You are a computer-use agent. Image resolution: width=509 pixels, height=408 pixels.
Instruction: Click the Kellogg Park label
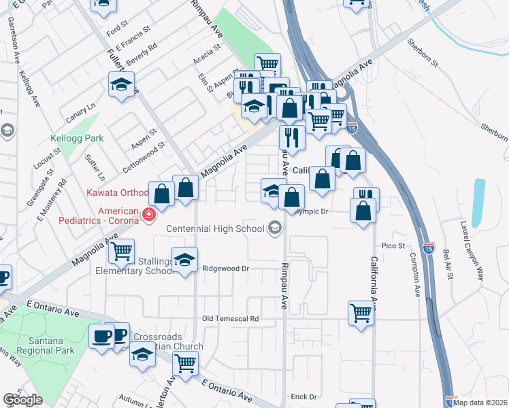click(x=78, y=138)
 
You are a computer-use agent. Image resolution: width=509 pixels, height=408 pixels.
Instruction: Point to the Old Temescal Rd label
click(x=231, y=318)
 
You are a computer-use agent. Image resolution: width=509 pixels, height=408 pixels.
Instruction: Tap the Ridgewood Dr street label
click(x=227, y=269)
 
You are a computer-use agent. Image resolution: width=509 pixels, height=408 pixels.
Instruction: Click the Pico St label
click(x=393, y=245)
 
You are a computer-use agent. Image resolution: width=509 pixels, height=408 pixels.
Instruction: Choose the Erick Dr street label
click(x=304, y=396)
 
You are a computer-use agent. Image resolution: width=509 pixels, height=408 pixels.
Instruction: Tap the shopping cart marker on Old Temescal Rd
click(x=361, y=313)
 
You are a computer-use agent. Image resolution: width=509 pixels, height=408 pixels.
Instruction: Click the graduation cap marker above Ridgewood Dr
click(x=184, y=261)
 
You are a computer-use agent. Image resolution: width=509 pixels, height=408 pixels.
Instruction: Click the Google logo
click(x=22, y=400)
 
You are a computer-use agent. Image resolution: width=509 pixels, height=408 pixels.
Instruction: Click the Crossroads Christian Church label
click(x=167, y=342)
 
